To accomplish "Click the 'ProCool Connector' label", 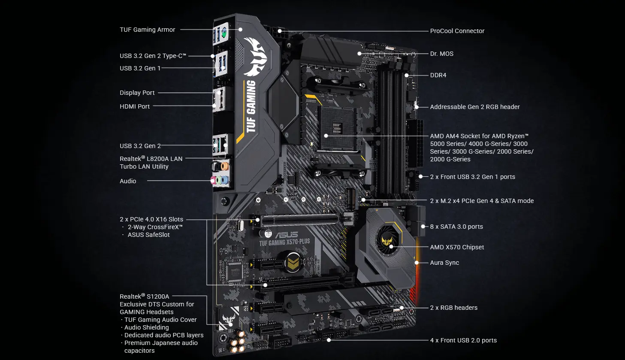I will tap(457, 31).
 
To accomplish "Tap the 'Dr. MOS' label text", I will tap(441, 54).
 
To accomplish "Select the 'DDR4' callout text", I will tap(438, 75).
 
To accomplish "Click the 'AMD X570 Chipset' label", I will tap(457, 247).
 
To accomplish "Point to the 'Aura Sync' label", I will tap(444, 263).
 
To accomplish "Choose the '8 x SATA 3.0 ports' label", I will tap(456, 227).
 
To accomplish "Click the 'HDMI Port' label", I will tap(135, 106).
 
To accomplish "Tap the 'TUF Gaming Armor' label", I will tap(147, 30).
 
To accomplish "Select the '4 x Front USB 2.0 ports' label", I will tap(463, 340).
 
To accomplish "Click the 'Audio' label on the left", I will tap(128, 181).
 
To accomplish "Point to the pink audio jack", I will tap(213, 180).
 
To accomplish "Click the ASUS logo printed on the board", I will tap(286, 235).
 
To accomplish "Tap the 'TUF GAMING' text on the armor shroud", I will tap(251, 106).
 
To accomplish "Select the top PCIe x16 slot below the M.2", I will tap(300, 219).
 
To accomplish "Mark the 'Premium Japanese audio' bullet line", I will tap(161, 343).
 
